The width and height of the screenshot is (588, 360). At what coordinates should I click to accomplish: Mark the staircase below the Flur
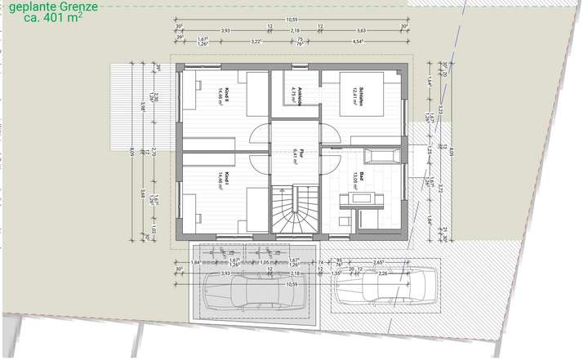tap(296, 209)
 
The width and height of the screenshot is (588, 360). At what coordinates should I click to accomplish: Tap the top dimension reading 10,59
tap(292, 20)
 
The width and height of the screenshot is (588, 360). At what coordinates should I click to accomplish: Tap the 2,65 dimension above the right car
tap(378, 262)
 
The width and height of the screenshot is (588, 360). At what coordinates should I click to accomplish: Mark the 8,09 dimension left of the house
tap(133, 151)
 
